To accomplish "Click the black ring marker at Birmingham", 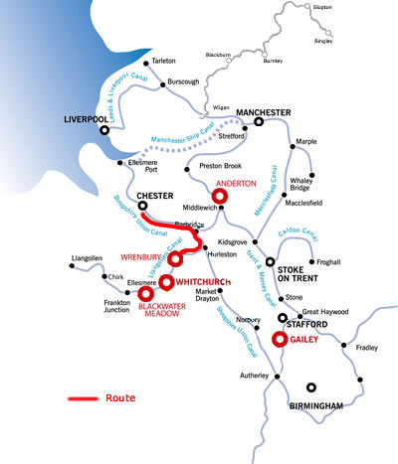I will click(311, 387).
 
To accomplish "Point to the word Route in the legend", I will click(120, 397).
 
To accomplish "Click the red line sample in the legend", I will click(83, 398).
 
